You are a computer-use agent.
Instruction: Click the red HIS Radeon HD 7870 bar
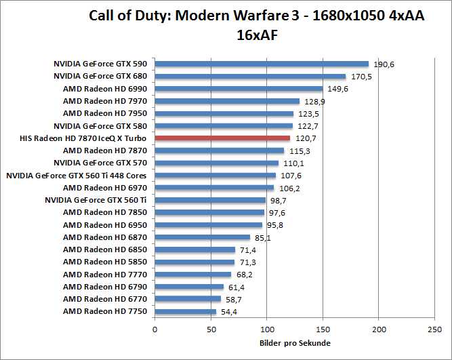click(x=222, y=138)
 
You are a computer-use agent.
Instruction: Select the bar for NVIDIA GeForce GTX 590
click(x=262, y=64)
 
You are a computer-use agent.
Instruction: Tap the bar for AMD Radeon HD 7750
click(x=186, y=311)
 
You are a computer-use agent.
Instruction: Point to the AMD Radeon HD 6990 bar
click(x=239, y=89)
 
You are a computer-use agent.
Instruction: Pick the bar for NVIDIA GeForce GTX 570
click(x=217, y=163)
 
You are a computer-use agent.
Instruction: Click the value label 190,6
click(x=384, y=64)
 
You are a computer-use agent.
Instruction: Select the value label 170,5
click(x=361, y=77)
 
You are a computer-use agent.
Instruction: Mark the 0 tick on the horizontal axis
click(x=155, y=329)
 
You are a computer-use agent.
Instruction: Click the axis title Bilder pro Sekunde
click(x=295, y=343)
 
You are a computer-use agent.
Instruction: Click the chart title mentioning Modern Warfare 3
click(x=257, y=24)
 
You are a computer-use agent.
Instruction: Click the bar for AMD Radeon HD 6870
click(x=203, y=237)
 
